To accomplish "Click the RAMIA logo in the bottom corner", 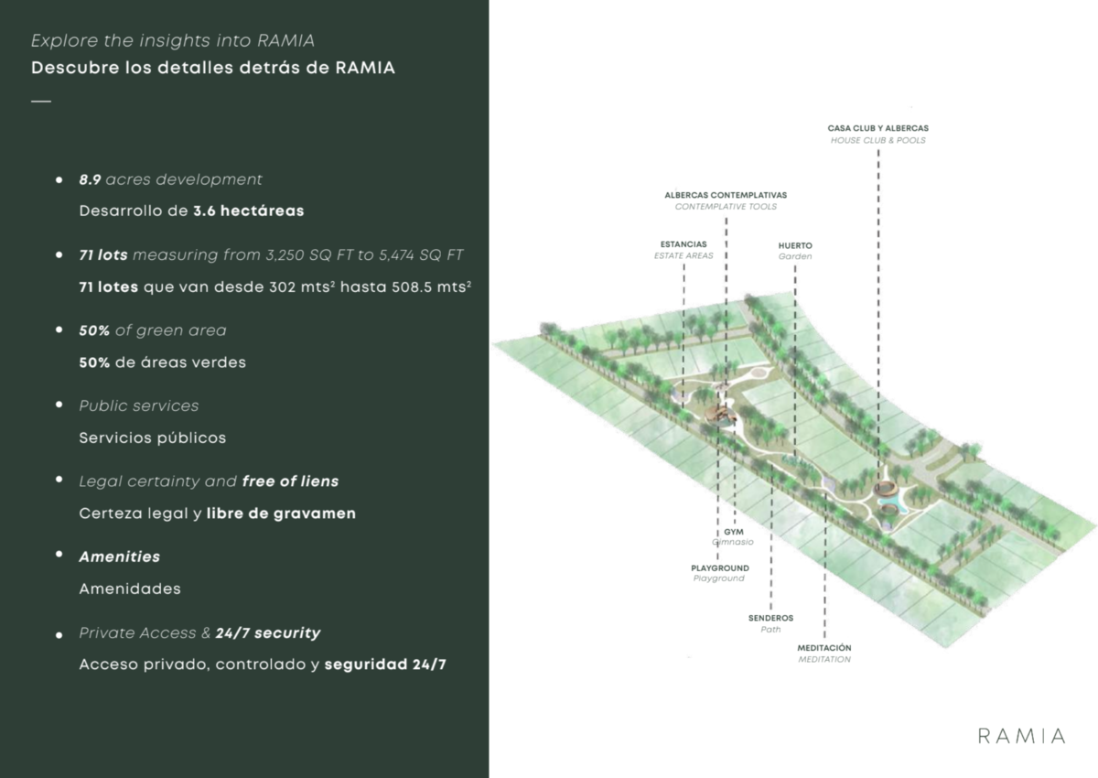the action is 1021,736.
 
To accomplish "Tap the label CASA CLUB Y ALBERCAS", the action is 877,128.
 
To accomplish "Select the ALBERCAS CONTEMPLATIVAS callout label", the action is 726,195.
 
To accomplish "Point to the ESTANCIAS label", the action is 684,244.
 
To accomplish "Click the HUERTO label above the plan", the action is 795,245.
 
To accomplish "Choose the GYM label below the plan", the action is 734,532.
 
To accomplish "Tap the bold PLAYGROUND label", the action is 720,568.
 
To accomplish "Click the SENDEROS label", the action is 770,618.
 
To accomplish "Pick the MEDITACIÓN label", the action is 824,648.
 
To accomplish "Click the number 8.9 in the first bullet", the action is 91,179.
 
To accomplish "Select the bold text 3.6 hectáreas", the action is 249,211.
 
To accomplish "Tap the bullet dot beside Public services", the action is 59,405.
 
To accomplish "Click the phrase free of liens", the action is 290,481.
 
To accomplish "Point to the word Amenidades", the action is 130,589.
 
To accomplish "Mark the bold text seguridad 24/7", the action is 385,665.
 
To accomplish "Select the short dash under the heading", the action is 41,102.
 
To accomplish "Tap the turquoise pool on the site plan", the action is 893,501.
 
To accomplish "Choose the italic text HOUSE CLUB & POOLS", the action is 877,140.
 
